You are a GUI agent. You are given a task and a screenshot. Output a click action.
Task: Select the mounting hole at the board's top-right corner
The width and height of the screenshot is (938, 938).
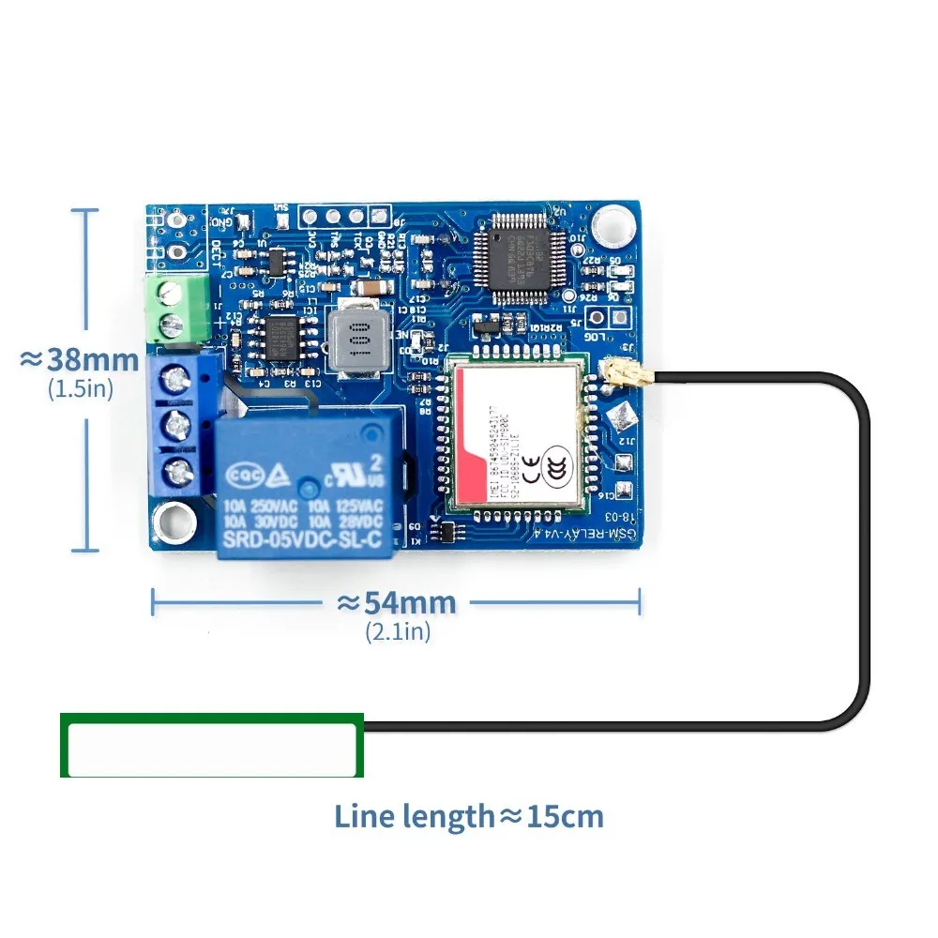pyautogui.click(x=613, y=223)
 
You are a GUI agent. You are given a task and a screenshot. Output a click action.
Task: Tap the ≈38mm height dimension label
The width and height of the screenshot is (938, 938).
pyautogui.click(x=80, y=360)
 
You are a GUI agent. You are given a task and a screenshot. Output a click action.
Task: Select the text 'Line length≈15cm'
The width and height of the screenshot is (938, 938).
pyautogui.click(x=468, y=816)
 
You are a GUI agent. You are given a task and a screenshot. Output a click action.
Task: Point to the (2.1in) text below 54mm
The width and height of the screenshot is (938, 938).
pyautogui.click(x=398, y=632)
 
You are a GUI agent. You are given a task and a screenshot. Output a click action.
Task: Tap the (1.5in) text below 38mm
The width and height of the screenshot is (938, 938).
pyautogui.click(x=80, y=388)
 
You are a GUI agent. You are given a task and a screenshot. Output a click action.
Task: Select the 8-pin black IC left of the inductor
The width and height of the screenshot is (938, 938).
pyautogui.click(x=280, y=336)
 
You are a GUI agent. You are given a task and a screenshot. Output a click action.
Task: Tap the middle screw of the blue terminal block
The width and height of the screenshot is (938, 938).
pyautogui.click(x=176, y=427)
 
